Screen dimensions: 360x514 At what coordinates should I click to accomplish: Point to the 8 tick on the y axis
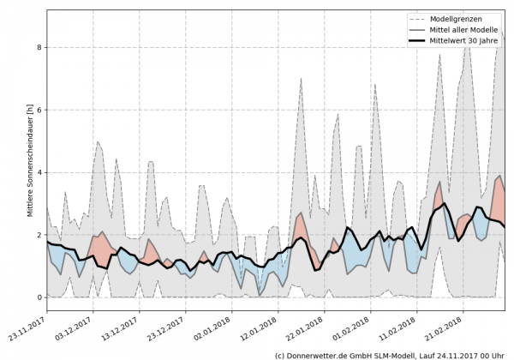[x=39, y=48]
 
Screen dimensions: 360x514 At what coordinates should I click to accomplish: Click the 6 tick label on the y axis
[x=39, y=111]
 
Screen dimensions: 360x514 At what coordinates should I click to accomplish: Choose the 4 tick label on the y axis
[x=39, y=173]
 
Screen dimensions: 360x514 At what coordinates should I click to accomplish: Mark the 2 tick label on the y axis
[x=39, y=235]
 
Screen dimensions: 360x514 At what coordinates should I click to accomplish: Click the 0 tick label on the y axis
[x=39, y=297]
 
